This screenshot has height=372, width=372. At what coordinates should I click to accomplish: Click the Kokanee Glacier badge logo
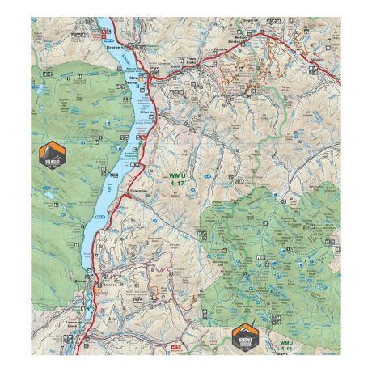pos(243,335)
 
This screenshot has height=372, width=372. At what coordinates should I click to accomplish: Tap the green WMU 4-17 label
pos(176,180)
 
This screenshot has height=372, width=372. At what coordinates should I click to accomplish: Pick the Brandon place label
pos(112,285)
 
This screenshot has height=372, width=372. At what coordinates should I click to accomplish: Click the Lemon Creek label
pos(74,322)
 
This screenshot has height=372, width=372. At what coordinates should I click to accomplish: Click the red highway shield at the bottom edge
pos(177,347)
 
